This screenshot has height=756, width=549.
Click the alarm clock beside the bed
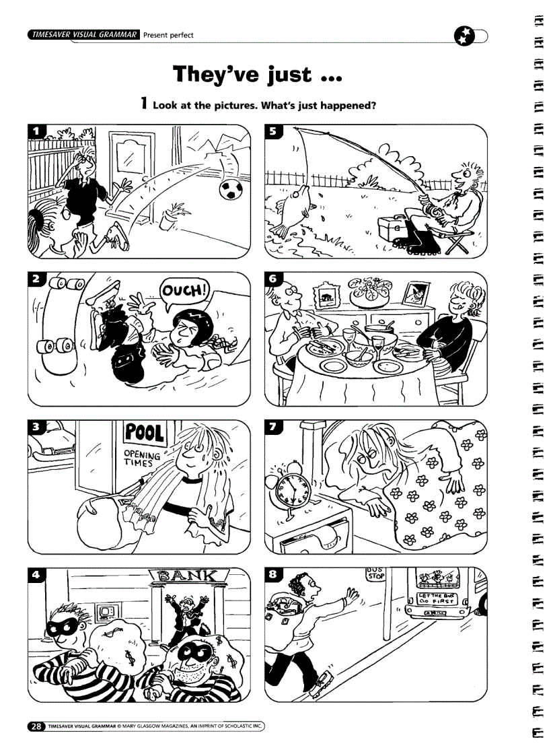[291, 489]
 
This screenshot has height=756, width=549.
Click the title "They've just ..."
[258, 74]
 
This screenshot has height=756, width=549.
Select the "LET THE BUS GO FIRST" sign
[437, 599]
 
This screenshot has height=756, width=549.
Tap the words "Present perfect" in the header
[169, 35]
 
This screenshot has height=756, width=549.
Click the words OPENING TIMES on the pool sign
[142, 460]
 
